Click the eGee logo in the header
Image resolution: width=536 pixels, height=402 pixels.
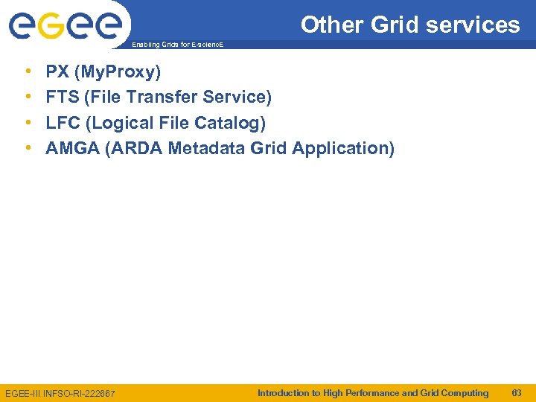[65, 26]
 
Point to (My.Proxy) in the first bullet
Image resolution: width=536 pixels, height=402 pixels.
[118, 72]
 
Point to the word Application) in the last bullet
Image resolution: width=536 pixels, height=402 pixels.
[343, 148]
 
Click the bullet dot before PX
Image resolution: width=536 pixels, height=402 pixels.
[28, 72]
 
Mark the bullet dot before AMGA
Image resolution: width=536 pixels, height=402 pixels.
[28, 148]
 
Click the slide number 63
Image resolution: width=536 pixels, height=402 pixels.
[517, 392]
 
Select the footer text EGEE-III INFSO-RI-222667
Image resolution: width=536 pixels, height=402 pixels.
[60, 393]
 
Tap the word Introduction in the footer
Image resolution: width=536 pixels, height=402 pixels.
[283, 392]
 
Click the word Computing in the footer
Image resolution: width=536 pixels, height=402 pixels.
[465, 392]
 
